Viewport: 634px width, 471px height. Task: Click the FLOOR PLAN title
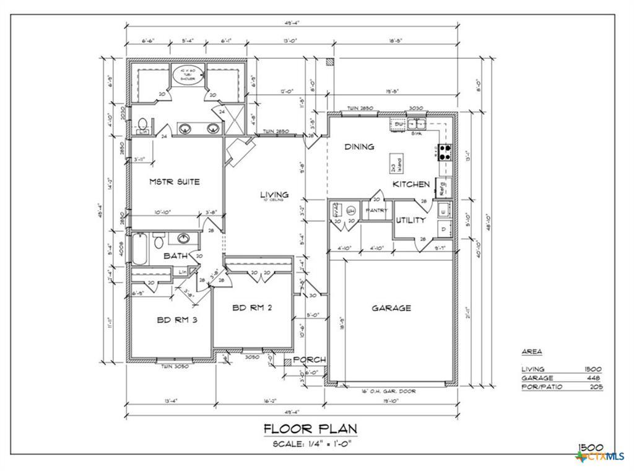pyautogui.click(x=310, y=428)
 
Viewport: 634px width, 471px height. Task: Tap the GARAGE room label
pyautogui.click(x=391, y=308)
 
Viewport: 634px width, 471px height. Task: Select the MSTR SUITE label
pyautogui.click(x=175, y=182)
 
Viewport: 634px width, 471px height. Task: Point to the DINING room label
pyautogui.click(x=359, y=147)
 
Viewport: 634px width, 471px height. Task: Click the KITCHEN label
pyautogui.click(x=411, y=184)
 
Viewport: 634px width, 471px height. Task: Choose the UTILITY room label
pyautogui.click(x=410, y=220)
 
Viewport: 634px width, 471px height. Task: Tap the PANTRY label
pyautogui.click(x=377, y=211)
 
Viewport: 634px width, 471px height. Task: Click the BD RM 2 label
pyautogui.click(x=253, y=307)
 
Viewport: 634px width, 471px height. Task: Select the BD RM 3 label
pyautogui.click(x=177, y=320)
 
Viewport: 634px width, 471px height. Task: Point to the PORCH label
pyautogui.click(x=309, y=360)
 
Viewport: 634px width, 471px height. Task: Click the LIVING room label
pyautogui.click(x=274, y=195)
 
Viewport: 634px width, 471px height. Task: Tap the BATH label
pyautogui.click(x=176, y=255)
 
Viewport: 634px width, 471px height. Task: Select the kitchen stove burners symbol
pyautogui.click(x=444, y=152)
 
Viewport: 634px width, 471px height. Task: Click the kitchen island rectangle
pyautogui.click(x=395, y=164)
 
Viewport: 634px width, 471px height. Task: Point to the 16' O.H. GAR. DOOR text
pyautogui.click(x=389, y=392)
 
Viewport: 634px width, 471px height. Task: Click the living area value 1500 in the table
pyautogui.click(x=593, y=369)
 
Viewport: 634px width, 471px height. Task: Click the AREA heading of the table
pyautogui.click(x=531, y=351)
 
